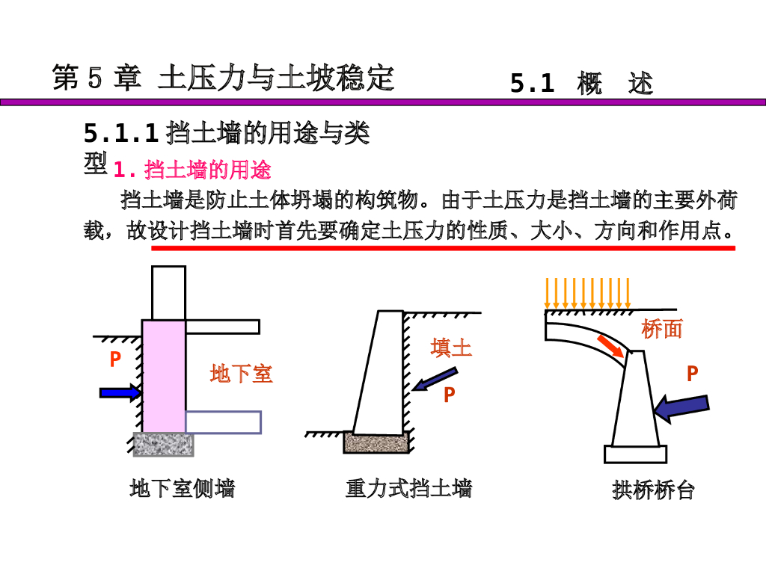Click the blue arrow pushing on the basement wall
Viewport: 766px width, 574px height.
[119, 392]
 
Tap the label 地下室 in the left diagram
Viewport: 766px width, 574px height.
[241, 373]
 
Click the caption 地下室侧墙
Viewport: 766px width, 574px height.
[183, 489]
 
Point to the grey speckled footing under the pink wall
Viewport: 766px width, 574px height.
[163, 444]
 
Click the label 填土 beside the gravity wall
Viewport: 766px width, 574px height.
[451, 348]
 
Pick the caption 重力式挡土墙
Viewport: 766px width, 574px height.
[408, 489]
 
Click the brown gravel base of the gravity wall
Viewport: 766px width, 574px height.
[376, 442]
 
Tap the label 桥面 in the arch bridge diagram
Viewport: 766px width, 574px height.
[662, 329]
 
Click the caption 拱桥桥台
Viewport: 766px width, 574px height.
[654, 490]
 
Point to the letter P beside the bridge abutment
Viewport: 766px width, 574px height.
[693, 374]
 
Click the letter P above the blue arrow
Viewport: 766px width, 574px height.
[115, 360]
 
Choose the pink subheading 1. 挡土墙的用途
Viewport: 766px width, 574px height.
[192, 170]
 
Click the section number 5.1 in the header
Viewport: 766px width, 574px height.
[532, 84]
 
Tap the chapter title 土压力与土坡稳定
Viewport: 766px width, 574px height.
[275, 78]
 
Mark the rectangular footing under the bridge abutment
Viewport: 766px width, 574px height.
[635, 454]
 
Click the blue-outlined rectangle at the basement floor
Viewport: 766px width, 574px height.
[224, 422]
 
